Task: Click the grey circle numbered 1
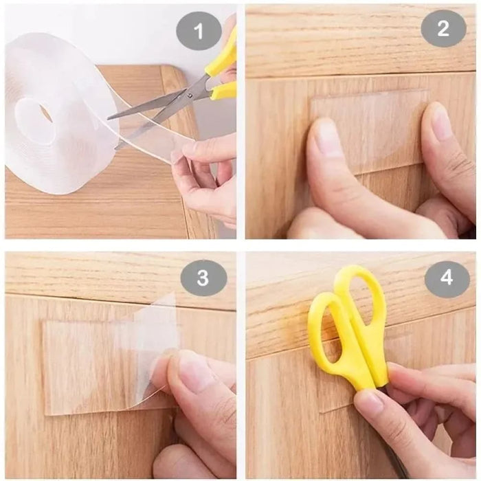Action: tap(199, 31)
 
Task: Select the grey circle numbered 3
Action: tap(203, 278)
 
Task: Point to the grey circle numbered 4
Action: tap(447, 278)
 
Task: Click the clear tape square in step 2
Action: tap(371, 131)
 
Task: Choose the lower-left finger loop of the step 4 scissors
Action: tap(327, 337)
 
